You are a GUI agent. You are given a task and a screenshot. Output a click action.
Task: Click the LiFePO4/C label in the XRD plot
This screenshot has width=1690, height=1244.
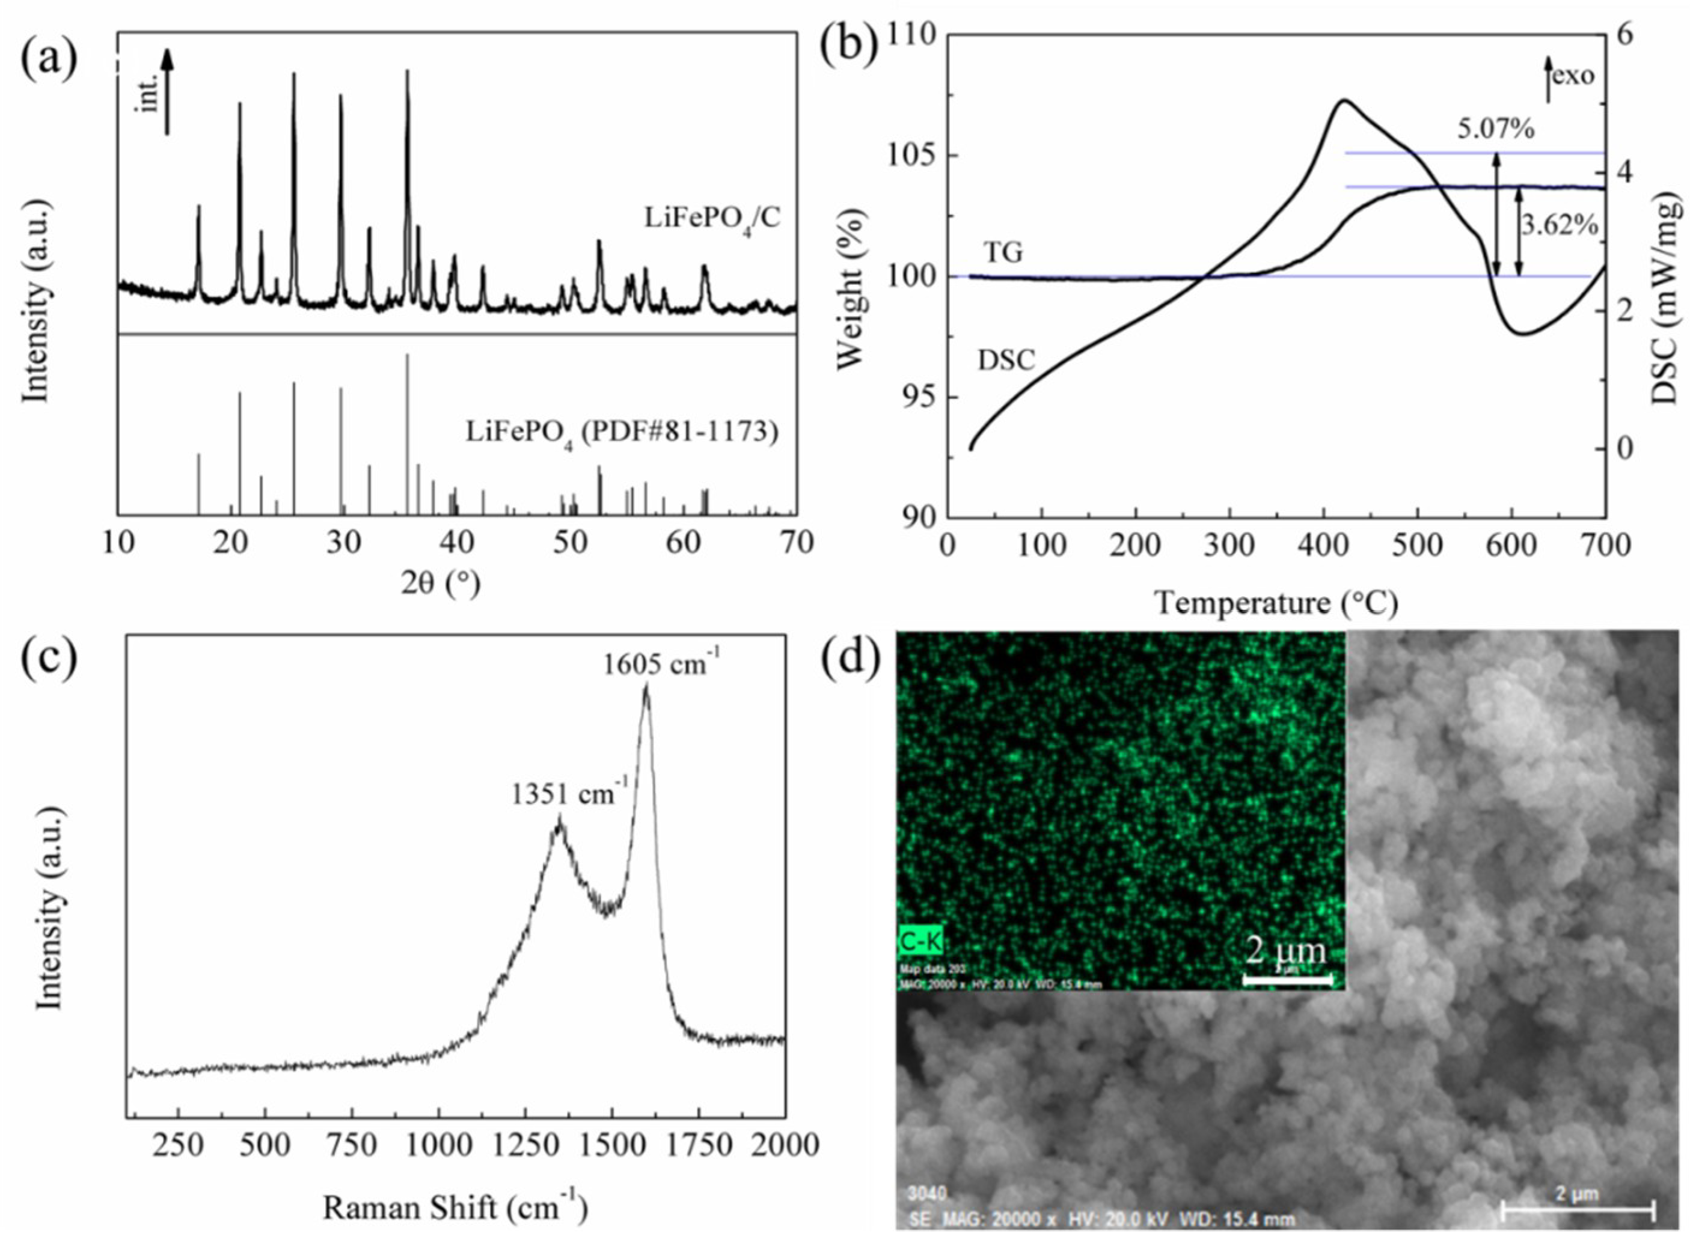712,218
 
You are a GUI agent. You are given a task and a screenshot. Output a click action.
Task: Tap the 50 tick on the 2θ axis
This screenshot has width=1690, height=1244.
571,543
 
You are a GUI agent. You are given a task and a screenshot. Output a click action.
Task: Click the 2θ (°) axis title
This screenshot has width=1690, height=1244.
440,584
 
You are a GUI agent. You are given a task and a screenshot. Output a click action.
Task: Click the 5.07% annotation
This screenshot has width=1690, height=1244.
1495,130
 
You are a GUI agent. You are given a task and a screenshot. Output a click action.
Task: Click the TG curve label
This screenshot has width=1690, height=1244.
1003,252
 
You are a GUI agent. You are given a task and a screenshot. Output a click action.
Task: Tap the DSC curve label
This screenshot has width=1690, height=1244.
1006,361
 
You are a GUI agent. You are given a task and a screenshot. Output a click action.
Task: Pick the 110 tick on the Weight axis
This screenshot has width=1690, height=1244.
913,35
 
